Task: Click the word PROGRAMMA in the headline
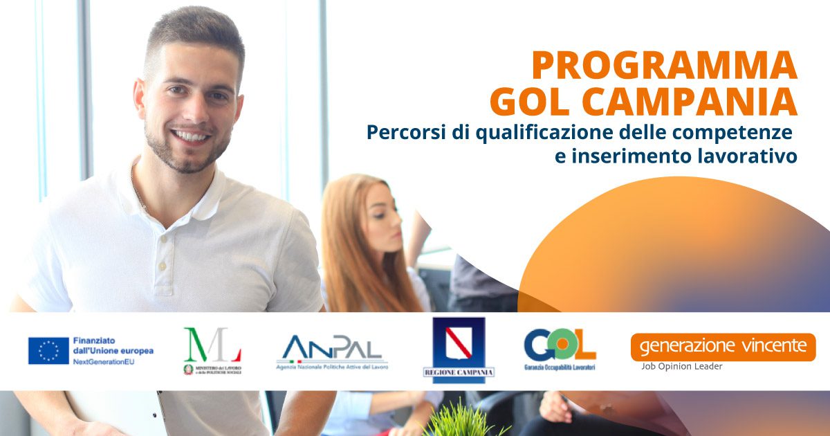coord(664,66)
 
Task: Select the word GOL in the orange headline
coord(525,102)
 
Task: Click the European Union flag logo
coord(48,350)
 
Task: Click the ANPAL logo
coord(332,349)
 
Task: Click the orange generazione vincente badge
coord(723,346)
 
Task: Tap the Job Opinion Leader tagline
coord(681,366)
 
